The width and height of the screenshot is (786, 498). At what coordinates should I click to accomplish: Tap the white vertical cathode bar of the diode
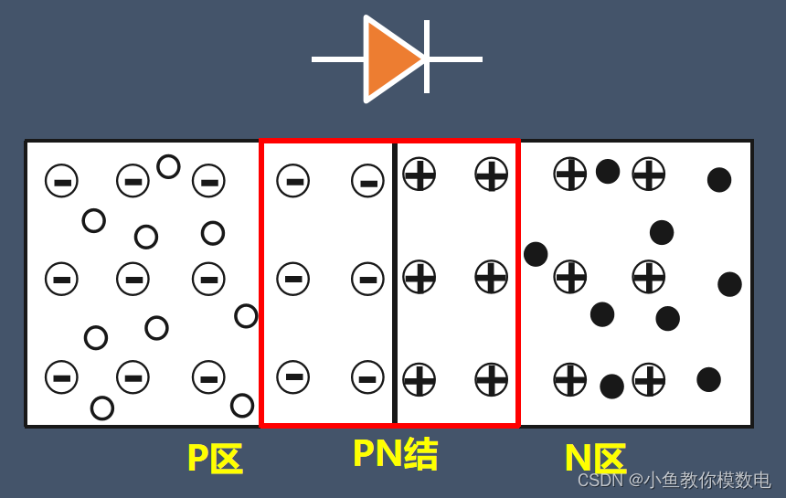pyautogui.click(x=427, y=57)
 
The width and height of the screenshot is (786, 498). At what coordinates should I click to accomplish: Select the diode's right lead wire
pyautogui.click(x=455, y=59)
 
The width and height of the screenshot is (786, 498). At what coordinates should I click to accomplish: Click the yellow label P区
pyautogui.click(x=215, y=458)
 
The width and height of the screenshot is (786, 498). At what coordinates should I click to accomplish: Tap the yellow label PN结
pyautogui.click(x=395, y=454)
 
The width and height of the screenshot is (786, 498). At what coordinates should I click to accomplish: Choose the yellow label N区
pyautogui.click(x=594, y=458)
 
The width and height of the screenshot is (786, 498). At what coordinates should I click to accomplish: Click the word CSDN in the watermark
pyautogui.click(x=600, y=481)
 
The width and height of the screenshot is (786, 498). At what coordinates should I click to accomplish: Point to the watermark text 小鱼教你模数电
pyautogui.click(x=708, y=481)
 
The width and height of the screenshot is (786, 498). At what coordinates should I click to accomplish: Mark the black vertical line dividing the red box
pyautogui.click(x=394, y=283)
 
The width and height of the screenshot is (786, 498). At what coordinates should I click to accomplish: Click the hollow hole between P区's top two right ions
pyautogui.click(x=168, y=166)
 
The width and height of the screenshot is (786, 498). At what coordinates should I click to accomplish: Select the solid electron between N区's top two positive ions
pyautogui.click(x=608, y=171)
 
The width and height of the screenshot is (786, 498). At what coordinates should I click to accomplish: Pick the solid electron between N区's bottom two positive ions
pyautogui.click(x=611, y=387)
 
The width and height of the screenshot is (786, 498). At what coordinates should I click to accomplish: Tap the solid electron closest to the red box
pyautogui.click(x=536, y=254)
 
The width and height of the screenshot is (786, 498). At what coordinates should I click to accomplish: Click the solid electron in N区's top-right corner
pyautogui.click(x=719, y=180)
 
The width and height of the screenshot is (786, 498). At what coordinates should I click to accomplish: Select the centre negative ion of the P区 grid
pyautogui.click(x=133, y=279)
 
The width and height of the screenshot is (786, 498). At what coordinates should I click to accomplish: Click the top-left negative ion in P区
pyautogui.click(x=61, y=181)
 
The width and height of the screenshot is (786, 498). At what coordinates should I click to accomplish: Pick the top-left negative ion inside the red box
pyautogui.click(x=293, y=181)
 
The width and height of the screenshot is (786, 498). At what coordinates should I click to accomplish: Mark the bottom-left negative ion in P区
pyautogui.click(x=61, y=376)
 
